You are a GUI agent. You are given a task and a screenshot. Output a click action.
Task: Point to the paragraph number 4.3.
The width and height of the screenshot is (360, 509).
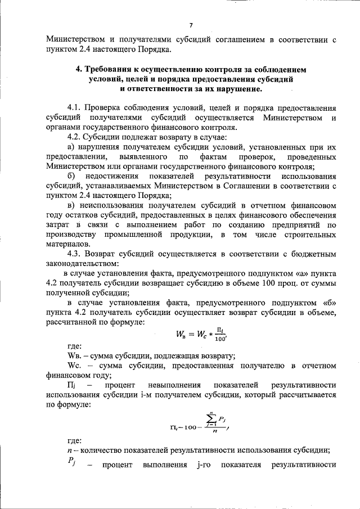tap(74, 254)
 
